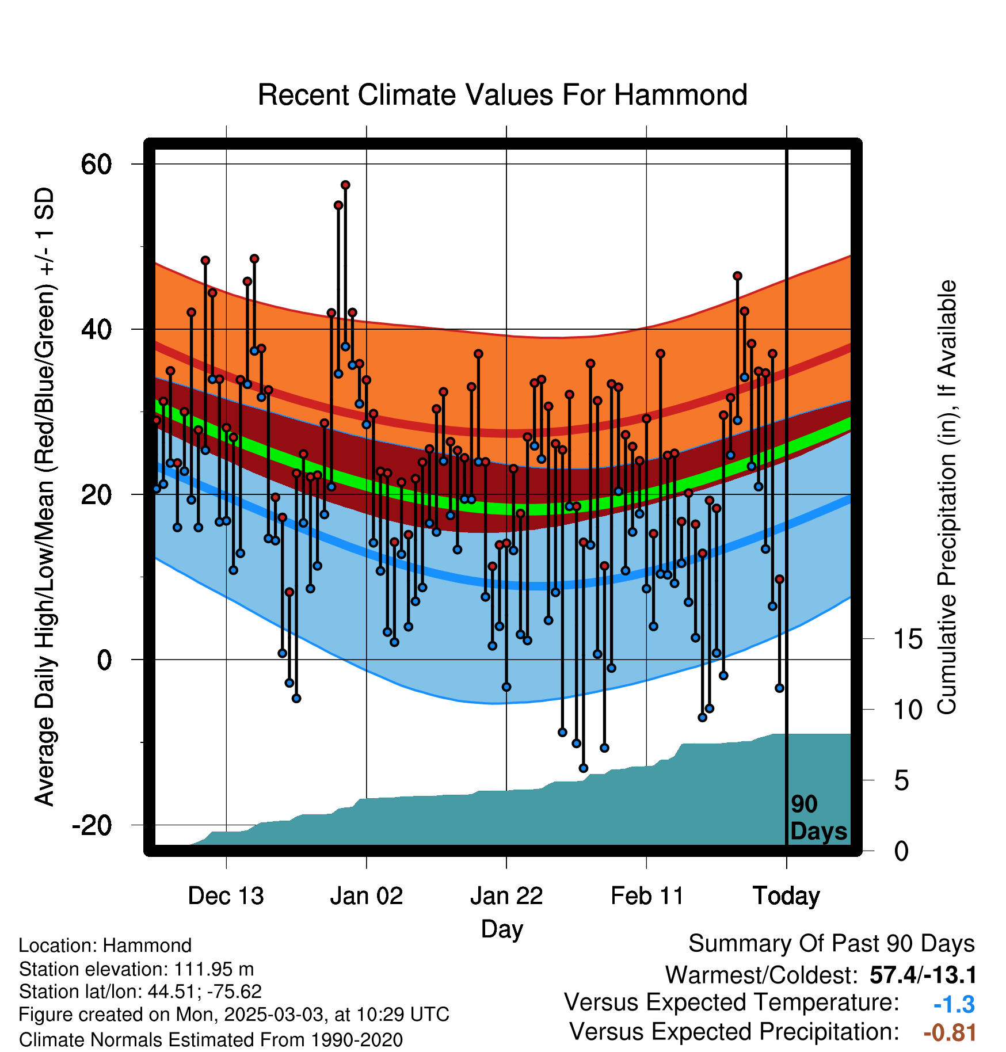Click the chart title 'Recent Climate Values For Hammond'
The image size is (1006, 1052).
(x=502, y=95)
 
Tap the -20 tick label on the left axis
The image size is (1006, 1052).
(x=92, y=825)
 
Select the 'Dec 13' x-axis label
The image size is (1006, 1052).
(x=226, y=896)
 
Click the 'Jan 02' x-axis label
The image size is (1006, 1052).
(x=367, y=896)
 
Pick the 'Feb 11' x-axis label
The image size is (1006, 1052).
(x=647, y=896)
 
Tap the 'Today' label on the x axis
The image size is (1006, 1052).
(x=786, y=897)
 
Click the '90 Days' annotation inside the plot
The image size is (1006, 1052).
(x=818, y=818)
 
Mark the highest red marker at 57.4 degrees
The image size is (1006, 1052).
(x=345, y=185)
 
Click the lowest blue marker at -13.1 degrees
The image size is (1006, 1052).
(x=583, y=768)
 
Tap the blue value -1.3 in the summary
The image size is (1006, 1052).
(x=954, y=1004)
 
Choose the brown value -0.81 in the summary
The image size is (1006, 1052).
(x=950, y=1032)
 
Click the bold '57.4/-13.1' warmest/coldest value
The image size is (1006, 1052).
(x=923, y=975)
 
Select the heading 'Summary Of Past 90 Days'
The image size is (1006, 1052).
(x=832, y=944)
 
